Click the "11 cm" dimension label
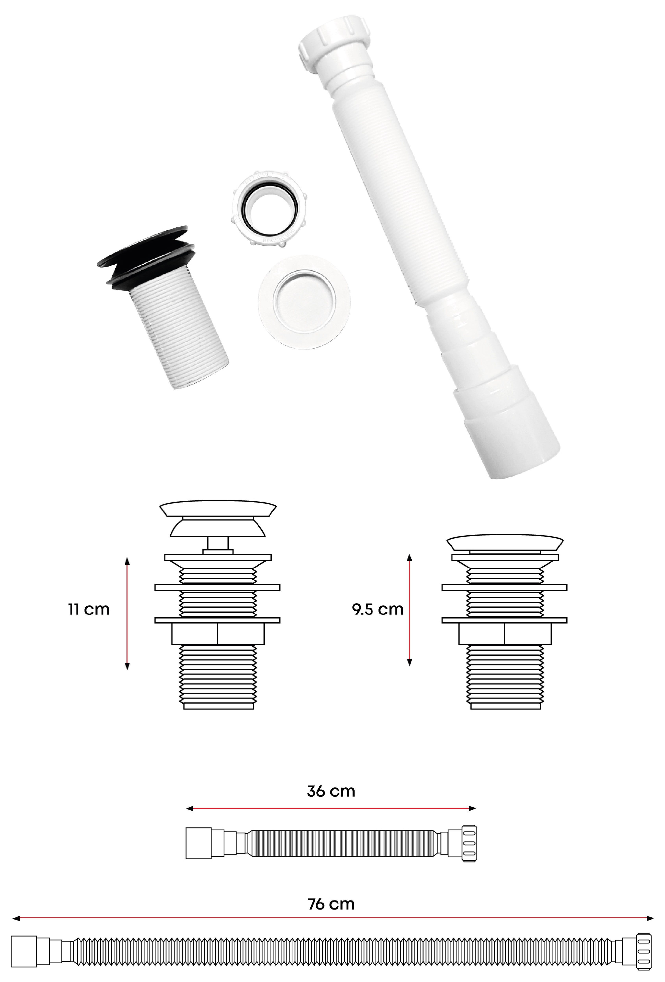89,610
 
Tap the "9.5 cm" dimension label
378,610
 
